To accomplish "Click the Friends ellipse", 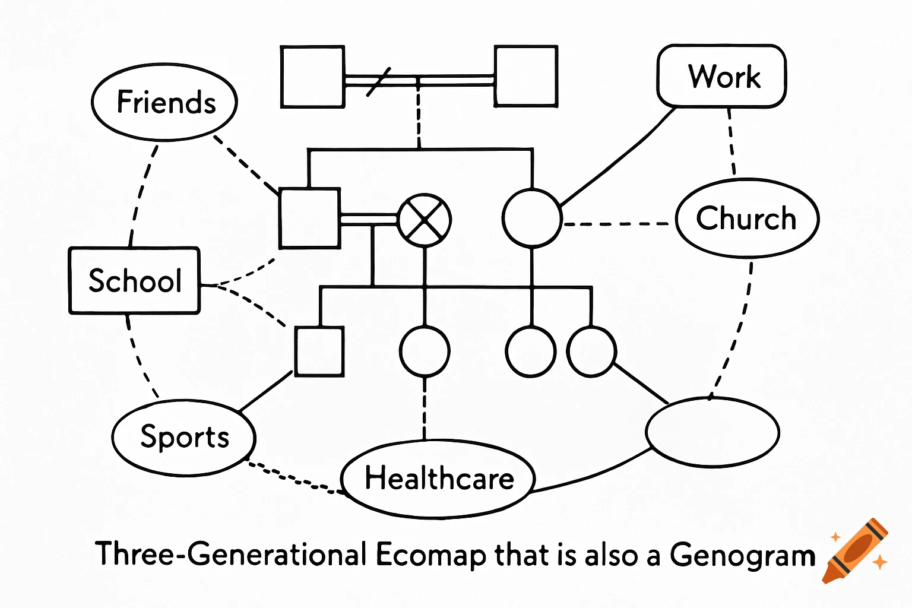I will [164, 102].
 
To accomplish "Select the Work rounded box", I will [721, 77].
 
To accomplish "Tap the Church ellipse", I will [747, 218].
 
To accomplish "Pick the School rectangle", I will [135, 280].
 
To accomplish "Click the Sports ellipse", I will [184, 438].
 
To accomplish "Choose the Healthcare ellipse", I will [439, 479].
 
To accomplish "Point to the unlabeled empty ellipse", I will [712, 432].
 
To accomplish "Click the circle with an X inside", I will [425, 220].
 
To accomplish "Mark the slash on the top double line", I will [378, 82].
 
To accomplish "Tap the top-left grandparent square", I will [312, 77].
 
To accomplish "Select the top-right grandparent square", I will [525, 77].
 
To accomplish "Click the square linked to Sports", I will [319, 351].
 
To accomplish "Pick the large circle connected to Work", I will [531, 218].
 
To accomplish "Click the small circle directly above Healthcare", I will [425, 351].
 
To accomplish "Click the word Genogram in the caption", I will [742, 556].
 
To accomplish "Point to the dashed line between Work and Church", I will [731, 142].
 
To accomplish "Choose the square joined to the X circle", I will [309, 218].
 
